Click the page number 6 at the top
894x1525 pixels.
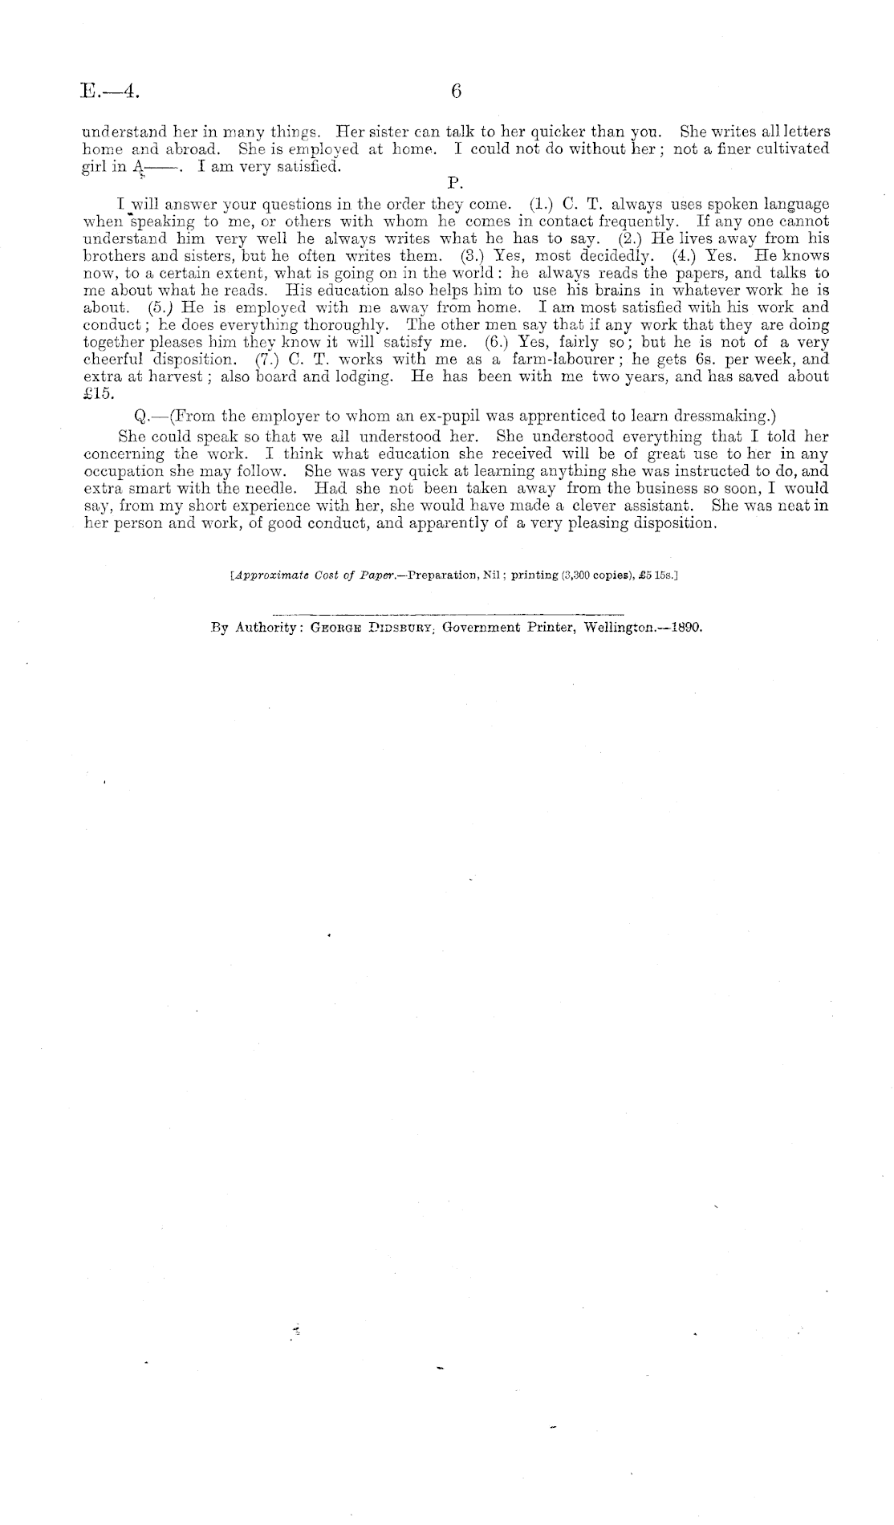tap(455, 91)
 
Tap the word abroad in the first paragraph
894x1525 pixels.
tap(189, 149)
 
